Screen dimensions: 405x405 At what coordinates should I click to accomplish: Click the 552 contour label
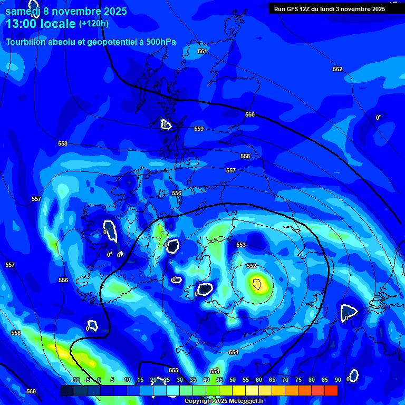[x=252, y=266]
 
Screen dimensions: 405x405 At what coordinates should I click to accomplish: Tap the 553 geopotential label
[x=241, y=245]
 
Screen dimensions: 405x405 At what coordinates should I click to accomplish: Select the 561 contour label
[x=202, y=51]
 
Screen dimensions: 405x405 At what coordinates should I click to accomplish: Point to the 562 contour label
[x=337, y=69]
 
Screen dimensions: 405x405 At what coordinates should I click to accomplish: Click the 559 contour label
[x=199, y=129]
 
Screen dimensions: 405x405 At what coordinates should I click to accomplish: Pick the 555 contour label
[x=173, y=370]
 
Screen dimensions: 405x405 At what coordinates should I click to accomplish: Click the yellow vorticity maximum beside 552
[x=257, y=285]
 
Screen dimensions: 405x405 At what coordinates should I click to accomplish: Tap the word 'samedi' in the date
[x=23, y=11]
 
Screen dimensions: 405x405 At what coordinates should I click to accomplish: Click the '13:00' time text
[x=24, y=24]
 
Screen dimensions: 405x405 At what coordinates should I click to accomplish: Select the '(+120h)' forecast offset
[x=94, y=23]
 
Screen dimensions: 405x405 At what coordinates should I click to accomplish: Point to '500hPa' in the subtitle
[x=161, y=42]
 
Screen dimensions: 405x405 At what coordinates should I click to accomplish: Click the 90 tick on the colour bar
[x=338, y=380]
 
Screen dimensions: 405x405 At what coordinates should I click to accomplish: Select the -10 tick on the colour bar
[x=75, y=380]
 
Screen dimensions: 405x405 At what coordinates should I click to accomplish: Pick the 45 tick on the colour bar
[x=219, y=380]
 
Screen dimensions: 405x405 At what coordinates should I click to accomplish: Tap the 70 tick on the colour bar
[x=285, y=380]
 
